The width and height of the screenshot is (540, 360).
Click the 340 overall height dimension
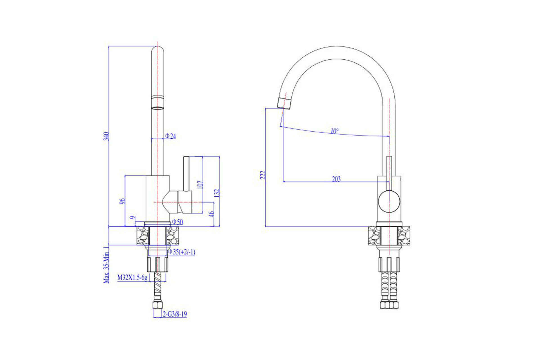[x=106, y=136]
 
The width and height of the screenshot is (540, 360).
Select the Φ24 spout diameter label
[x=170, y=136]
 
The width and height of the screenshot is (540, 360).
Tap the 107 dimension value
[x=200, y=185]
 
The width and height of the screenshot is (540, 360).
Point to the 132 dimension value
[x=217, y=193]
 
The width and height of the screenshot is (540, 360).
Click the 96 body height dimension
[x=122, y=201]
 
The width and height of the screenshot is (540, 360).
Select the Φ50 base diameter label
[x=177, y=222]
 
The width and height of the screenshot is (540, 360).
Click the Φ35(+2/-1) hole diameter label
[x=181, y=252]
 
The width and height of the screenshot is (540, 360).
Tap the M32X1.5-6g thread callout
[x=132, y=278]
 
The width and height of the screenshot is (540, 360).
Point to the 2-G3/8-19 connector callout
[x=175, y=314]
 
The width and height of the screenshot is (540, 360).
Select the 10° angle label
[x=334, y=131]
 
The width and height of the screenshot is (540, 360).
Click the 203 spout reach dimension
[x=336, y=179]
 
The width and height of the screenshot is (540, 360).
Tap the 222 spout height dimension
[x=263, y=175]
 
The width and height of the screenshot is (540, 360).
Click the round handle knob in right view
[x=389, y=201]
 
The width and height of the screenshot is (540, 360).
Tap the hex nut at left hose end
[x=158, y=305]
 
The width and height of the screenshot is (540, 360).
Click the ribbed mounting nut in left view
[x=158, y=264]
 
